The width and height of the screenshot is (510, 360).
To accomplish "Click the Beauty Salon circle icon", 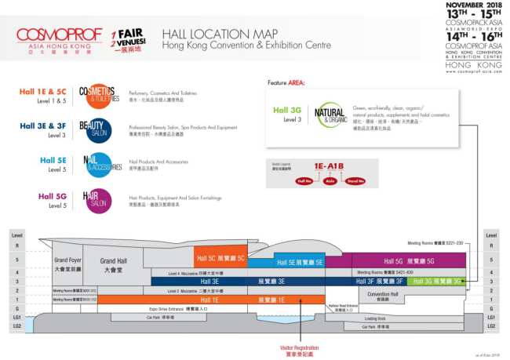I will pos(94,129).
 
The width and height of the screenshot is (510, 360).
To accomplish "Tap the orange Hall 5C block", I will pos(221,258).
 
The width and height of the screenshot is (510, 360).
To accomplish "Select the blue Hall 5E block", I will pos(298,264).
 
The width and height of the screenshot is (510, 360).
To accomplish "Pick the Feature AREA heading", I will pos(286,82).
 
